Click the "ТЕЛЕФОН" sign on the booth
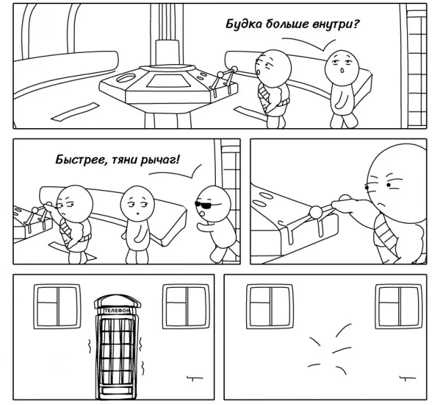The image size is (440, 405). [x=118, y=311]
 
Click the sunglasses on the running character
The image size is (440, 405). [x=203, y=204]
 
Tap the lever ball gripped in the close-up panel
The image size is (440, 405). [x=316, y=211]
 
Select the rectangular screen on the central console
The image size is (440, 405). [x=167, y=81]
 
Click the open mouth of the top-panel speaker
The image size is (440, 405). [x=342, y=70]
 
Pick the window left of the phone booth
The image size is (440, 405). [x=57, y=307]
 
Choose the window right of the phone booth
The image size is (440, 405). [x=186, y=307]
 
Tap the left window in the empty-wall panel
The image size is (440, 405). [x=270, y=307]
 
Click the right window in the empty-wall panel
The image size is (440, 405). [x=399, y=307]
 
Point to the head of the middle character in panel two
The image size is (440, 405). [x=137, y=202]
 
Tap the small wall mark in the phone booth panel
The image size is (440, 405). [x=195, y=378]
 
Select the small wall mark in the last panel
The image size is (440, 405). [x=407, y=378]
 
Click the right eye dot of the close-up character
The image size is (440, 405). [x=388, y=185]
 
